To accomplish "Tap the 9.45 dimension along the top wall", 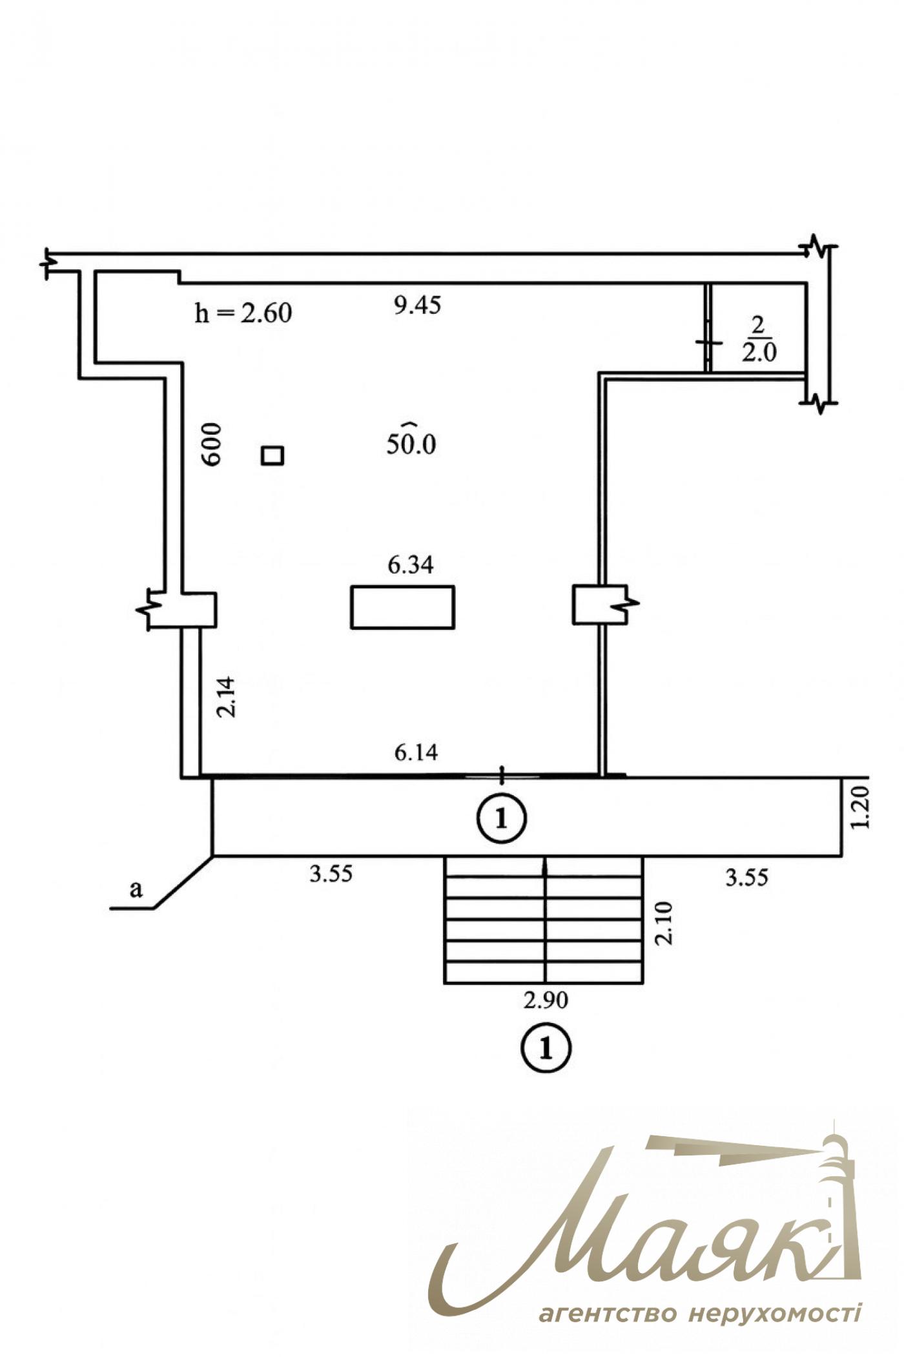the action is click(418, 305).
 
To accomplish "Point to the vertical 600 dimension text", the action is click(211, 444).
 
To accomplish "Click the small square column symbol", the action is click(272, 455).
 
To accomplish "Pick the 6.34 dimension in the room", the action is click(411, 565).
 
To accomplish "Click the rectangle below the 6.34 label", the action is click(402, 606).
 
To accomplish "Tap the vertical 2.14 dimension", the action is click(227, 696).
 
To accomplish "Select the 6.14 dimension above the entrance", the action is click(416, 752).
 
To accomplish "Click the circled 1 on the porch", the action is click(502, 818).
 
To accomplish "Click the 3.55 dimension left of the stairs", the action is click(331, 874).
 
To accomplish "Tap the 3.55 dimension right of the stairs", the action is click(747, 877).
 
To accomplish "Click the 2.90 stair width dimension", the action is click(546, 1000).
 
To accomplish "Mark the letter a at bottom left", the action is click(136, 890).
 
